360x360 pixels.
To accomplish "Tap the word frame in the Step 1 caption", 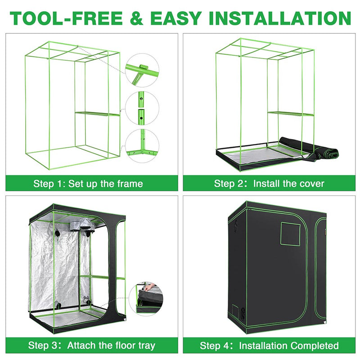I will tap(127, 184).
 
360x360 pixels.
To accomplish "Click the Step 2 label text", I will tap(230, 184).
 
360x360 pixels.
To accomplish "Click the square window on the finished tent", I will tap(290, 233).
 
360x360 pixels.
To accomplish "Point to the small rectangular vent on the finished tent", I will tap(235, 310).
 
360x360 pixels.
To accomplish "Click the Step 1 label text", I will tap(50, 184).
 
